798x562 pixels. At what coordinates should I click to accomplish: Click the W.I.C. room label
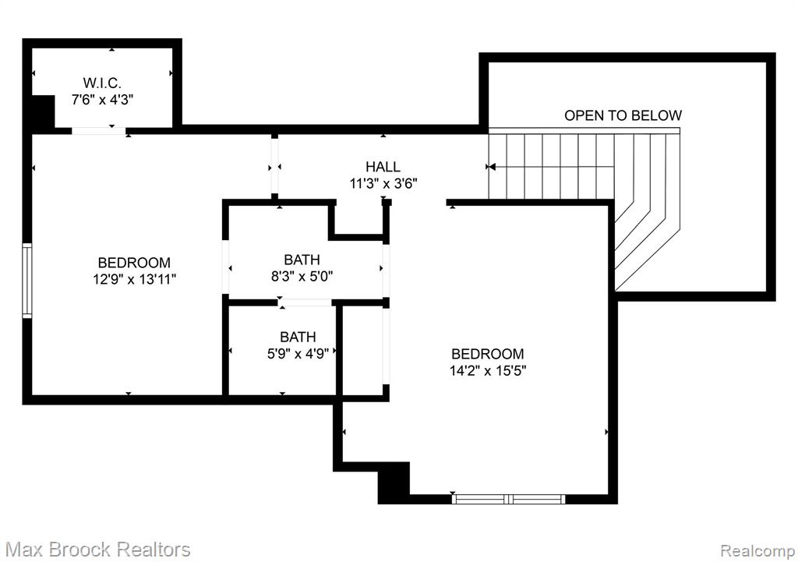[x=102, y=83]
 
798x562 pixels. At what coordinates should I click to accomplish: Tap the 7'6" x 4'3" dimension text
[x=102, y=99]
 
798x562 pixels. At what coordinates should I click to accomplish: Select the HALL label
[x=383, y=167]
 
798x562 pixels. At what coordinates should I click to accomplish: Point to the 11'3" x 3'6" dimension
[x=383, y=183]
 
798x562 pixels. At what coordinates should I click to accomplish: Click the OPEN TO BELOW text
[x=623, y=115]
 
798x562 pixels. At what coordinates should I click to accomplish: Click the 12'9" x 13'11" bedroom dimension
[x=134, y=279]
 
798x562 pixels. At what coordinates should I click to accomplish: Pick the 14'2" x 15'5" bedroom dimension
[x=488, y=370]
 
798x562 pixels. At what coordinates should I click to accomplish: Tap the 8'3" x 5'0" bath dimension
[x=302, y=277]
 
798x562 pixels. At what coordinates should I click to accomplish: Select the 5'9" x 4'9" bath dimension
[x=298, y=353]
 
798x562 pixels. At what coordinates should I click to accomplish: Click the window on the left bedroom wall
[x=27, y=281]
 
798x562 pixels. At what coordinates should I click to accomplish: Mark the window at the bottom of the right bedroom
[x=508, y=499]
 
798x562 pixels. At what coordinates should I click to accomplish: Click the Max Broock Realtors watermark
[x=97, y=550]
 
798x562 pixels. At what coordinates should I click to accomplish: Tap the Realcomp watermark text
[x=757, y=550]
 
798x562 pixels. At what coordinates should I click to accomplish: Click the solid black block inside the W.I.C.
[x=44, y=111]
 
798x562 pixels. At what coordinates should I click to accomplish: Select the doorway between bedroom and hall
[x=275, y=167]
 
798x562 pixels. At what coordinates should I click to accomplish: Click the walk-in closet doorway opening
[x=98, y=131]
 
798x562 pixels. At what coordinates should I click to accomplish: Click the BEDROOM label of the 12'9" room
[x=134, y=263]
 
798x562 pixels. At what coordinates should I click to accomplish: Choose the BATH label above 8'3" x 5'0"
[x=302, y=260]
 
